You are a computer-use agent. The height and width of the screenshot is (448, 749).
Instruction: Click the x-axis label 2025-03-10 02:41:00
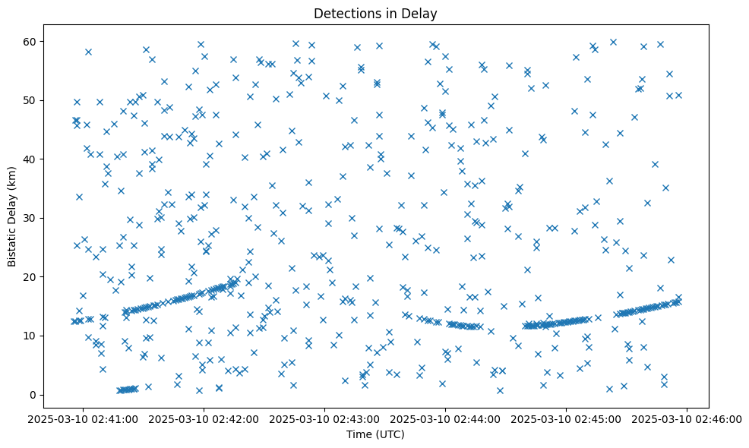tap(83, 418)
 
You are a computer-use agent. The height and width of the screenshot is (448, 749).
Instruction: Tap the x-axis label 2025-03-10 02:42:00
tap(204, 418)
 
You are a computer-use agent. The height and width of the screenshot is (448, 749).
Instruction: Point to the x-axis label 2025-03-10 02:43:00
tap(325, 418)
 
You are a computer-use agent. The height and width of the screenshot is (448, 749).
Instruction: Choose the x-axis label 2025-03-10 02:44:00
tap(446, 418)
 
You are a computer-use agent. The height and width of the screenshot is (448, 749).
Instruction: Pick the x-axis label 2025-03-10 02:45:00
tap(567, 418)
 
